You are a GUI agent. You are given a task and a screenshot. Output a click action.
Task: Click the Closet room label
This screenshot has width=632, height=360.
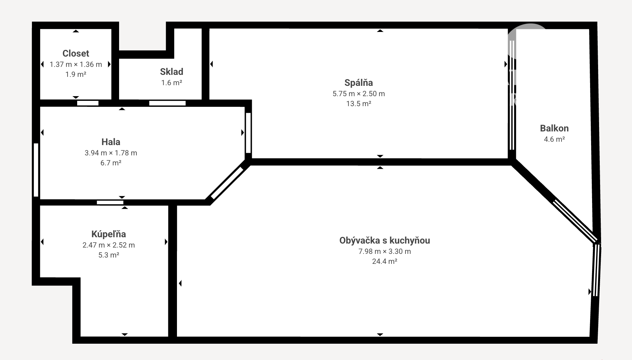pyautogui.click(x=76, y=53)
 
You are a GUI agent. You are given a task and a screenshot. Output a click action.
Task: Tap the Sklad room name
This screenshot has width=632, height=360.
pyautogui.click(x=172, y=72)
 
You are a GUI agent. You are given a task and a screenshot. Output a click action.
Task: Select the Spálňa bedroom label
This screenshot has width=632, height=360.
pyautogui.click(x=359, y=83)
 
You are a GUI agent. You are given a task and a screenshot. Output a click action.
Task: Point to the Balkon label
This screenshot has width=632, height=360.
pyautogui.click(x=554, y=128)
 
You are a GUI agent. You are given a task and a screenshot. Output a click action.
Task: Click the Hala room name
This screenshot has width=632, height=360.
pyautogui.click(x=111, y=142)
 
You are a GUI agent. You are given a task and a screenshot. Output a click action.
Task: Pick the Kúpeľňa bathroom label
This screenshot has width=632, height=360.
pyautogui.click(x=109, y=234)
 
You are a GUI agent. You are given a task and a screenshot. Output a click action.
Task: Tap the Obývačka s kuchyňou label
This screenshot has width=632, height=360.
pyautogui.click(x=385, y=240)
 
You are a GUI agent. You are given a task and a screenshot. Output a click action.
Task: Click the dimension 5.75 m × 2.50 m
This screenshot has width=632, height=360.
pyautogui.click(x=359, y=93)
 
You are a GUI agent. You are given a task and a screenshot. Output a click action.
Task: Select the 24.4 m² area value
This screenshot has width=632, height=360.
pyautogui.click(x=385, y=261)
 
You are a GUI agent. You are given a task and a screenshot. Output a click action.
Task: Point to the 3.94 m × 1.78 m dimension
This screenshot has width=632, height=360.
pyautogui.click(x=111, y=153)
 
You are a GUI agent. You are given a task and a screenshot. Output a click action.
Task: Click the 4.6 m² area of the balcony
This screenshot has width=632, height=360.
pyautogui.click(x=554, y=139)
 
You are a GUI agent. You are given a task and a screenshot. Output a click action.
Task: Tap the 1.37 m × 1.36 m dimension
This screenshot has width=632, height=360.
pyautogui.click(x=76, y=64)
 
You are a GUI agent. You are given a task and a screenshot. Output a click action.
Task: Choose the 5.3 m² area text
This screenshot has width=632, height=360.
pyautogui.click(x=109, y=255)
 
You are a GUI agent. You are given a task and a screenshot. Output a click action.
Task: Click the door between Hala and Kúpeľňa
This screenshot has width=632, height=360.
pyautogui.click(x=110, y=202)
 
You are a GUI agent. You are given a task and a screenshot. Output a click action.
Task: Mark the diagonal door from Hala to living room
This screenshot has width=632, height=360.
pyautogui.click(x=227, y=183)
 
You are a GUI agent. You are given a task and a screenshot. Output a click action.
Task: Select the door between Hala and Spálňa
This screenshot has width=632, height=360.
pyautogui.click(x=248, y=133)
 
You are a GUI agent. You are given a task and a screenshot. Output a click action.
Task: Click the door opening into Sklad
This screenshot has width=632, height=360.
pyautogui.click(x=167, y=103)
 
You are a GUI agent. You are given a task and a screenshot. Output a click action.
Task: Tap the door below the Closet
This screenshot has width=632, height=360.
pyautogui.click(x=88, y=103)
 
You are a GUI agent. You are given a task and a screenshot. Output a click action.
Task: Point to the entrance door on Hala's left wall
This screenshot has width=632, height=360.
pyautogui.click(x=36, y=170)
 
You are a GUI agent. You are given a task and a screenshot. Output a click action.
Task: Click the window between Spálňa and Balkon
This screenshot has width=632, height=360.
pyautogui.click(x=512, y=95)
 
